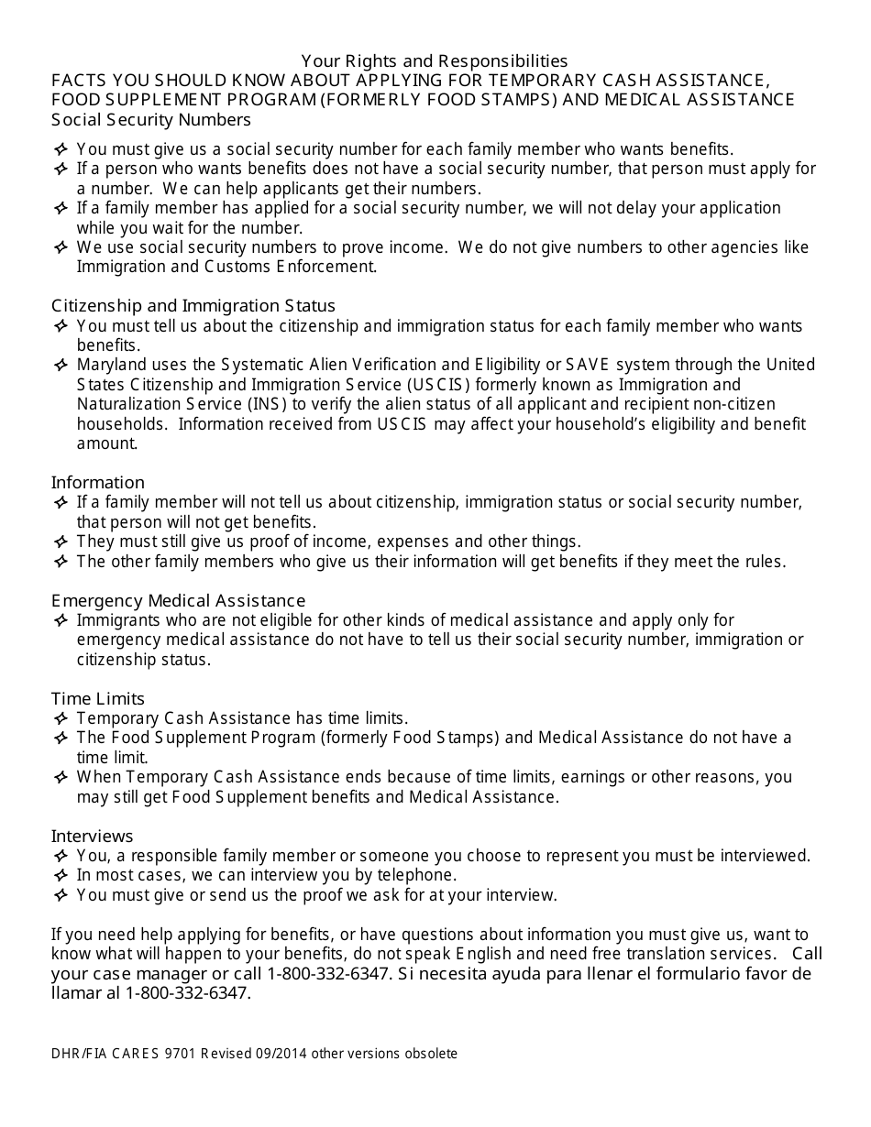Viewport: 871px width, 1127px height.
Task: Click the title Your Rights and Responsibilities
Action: [x=435, y=61]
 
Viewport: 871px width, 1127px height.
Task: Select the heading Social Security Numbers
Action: [x=151, y=119]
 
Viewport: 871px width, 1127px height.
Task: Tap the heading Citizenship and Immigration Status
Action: [x=193, y=305]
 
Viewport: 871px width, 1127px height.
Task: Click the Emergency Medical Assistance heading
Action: [x=179, y=600]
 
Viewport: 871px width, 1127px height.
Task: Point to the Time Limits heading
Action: [x=98, y=698]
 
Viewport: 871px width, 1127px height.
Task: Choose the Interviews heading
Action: [x=93, y=836]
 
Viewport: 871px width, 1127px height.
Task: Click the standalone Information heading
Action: [x=98, y=482]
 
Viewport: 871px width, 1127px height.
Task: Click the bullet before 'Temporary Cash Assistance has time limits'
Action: [x=61, y=718]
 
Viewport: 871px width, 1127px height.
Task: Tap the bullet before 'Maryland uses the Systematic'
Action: [x=61, y=365]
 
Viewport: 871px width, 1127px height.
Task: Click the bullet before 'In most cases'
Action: [x=61, y=875]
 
